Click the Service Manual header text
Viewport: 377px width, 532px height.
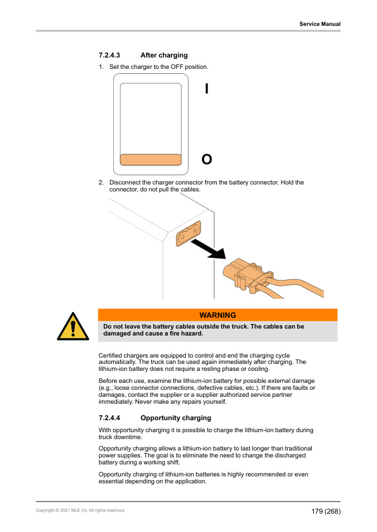click(x=320, y=24)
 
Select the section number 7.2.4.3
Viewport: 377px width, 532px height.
click(x=109, y=55)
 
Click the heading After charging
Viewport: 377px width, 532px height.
click(x=164, y=55)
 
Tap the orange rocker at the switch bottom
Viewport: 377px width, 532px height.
click(x=151, y=159)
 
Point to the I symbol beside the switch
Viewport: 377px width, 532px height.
click(x=206, y=89)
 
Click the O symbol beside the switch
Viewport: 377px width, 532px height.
click(x=207, y=159)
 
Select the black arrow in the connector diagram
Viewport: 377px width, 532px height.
click(x=209, y=249)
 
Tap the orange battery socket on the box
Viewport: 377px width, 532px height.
click(x=188, y=233)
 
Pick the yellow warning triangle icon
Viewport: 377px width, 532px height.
click(x=73, y=327)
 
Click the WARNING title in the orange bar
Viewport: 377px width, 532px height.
click(x=218, y=315)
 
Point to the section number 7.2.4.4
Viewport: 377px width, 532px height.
click(x=109, y=418)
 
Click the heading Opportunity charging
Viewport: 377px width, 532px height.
click(x=176, y=418)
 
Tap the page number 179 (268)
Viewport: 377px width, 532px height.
click(x=326, y=511)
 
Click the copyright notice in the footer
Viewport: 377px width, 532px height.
click(x=80, y=511)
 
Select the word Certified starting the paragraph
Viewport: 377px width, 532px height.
click(x=110, y=356)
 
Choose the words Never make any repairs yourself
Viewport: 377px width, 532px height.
click(x=181, y=402)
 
